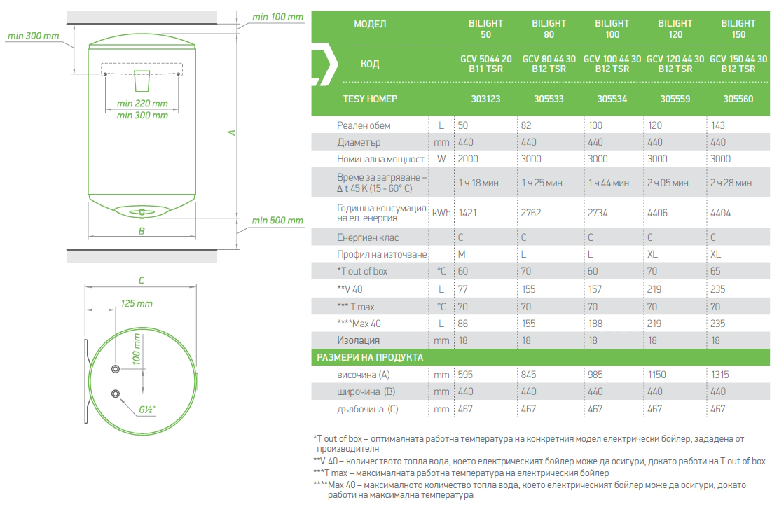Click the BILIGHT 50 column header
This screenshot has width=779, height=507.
pos(485,29)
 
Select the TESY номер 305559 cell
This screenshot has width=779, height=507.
pos(675,99)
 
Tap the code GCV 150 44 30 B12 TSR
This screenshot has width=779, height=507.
pos(738,64)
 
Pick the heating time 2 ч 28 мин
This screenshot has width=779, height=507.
pos(731,183)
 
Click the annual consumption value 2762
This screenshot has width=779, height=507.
pos(531,213)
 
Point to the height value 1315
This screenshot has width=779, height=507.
pos(721,375)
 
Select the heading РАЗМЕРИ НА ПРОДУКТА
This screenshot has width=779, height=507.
pos(370,357)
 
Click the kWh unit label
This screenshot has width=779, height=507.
pos(441,213)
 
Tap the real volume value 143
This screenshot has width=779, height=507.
pos(717,125)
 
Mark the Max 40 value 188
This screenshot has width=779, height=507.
pos(594,324)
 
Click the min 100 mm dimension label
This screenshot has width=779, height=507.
pos(277,17)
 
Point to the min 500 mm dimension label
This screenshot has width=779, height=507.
pos(277,221)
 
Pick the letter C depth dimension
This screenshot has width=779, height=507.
pos(141,281)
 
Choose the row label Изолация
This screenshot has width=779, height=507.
pos(359,340)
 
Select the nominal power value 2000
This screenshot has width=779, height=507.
pos(468,159)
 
